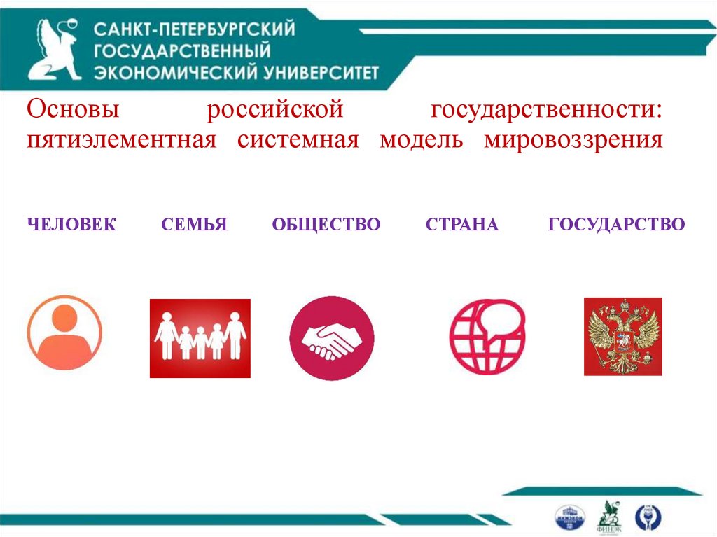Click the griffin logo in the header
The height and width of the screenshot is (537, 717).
pyautogui.click(x=54, y=50)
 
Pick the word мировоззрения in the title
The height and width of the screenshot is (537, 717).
pyautogui.click(x=573, y=139)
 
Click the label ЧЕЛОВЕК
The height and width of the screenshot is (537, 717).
pyautogui.click(x=72, y=225)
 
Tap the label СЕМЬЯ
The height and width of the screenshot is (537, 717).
pyautogui.click(x=194, y=225)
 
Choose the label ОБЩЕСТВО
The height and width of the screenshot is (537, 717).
pyautogui.click(x=326, y=225)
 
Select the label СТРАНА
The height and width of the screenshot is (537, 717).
pyautogui.click(x=462, y=225)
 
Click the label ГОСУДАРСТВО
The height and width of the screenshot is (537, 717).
pyautogui.click(x=617, y=225)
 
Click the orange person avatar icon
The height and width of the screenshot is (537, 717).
pyautogui.click(x=64, y=333)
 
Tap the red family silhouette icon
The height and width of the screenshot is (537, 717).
pyautogui.click(x=200, y=338)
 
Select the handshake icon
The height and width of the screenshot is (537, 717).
pyautogui.click(x=331, y=338)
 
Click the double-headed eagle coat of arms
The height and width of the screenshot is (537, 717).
pyautogui.click(x=623, y=337)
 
